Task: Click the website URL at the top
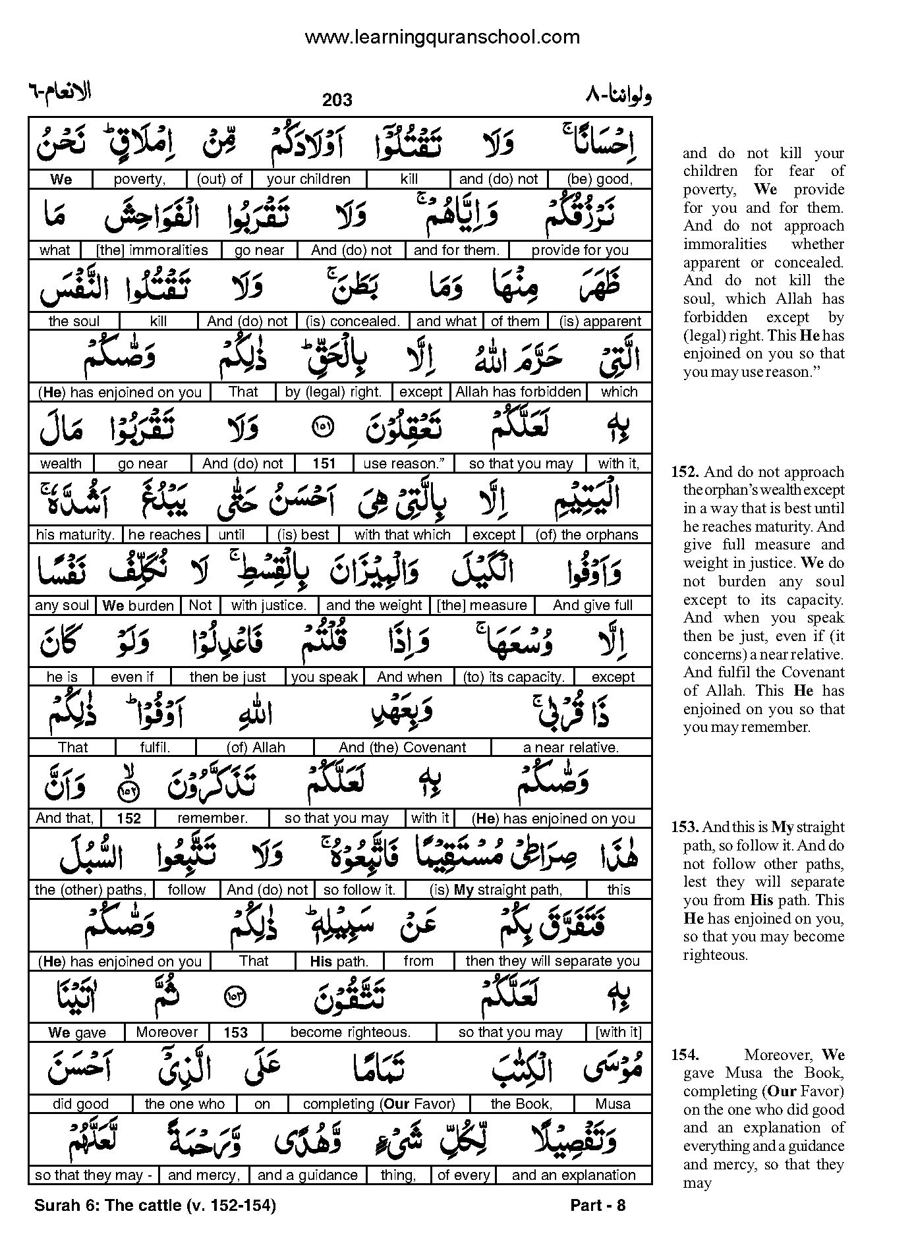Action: pyautogui.click(x=442, y=37)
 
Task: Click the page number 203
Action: pyautogui.click(x=337, y=100)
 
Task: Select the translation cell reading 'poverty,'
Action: pyautogui.click(x=140, y=179)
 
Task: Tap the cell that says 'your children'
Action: pyautogui.click(x=309, y=179)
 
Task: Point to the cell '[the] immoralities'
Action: pyautogui.click(x=152, y=250)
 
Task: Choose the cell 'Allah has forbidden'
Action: pyautogui.click(x=519, y=392)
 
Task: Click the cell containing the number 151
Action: pyautogui.click(x=324, y=463)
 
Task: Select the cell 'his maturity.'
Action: pyautogui.click(x=76, y=534)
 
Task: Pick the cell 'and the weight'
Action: pyautogui.click(x=374, y=605)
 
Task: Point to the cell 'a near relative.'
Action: pyautogui.click(x=571, y=748)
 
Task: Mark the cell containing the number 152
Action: pyautogui.click(x=129, y=819)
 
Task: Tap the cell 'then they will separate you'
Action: pyautogui.click(x=552, y=961)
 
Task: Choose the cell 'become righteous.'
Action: pyautogui.click(x=350, y=1032)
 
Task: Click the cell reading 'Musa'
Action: pyautogui.click(x=613, y=1103)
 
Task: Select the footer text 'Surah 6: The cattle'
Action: pyautogui.click(x=107, y=1206)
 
